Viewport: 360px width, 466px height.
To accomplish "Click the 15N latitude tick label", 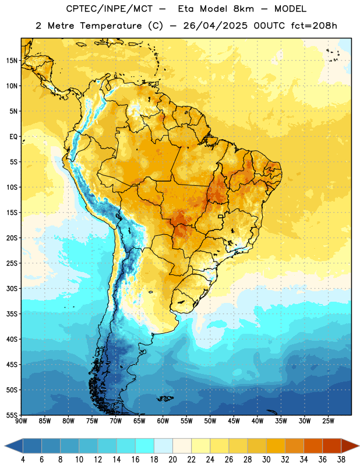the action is point(12,61).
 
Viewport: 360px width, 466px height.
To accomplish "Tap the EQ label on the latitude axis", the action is point(13,137).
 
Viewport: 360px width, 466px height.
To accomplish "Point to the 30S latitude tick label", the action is point(12,288).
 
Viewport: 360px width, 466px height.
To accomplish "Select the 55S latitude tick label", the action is point(12,415).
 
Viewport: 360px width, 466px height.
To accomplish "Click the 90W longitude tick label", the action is point(21,421).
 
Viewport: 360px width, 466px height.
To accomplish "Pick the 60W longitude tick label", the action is point(163,421).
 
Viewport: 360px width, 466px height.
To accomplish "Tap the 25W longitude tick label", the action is point(328,421).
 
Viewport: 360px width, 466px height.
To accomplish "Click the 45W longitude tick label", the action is point(234,421).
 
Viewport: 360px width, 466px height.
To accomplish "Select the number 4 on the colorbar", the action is point(23,460).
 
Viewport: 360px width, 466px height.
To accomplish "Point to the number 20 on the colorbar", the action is point(172,460).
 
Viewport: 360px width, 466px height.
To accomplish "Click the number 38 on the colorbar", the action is point(341,460).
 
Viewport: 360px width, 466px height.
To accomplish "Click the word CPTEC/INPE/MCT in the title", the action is point(110,9).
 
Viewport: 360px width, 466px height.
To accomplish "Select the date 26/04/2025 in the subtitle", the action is point(215,26).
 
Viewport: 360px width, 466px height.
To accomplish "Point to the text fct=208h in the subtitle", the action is point(314,26).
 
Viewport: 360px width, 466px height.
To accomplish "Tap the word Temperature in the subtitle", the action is point(111,26).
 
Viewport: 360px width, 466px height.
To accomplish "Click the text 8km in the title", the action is point(243,9).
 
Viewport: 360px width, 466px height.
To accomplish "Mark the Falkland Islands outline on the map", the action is point(165,398).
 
